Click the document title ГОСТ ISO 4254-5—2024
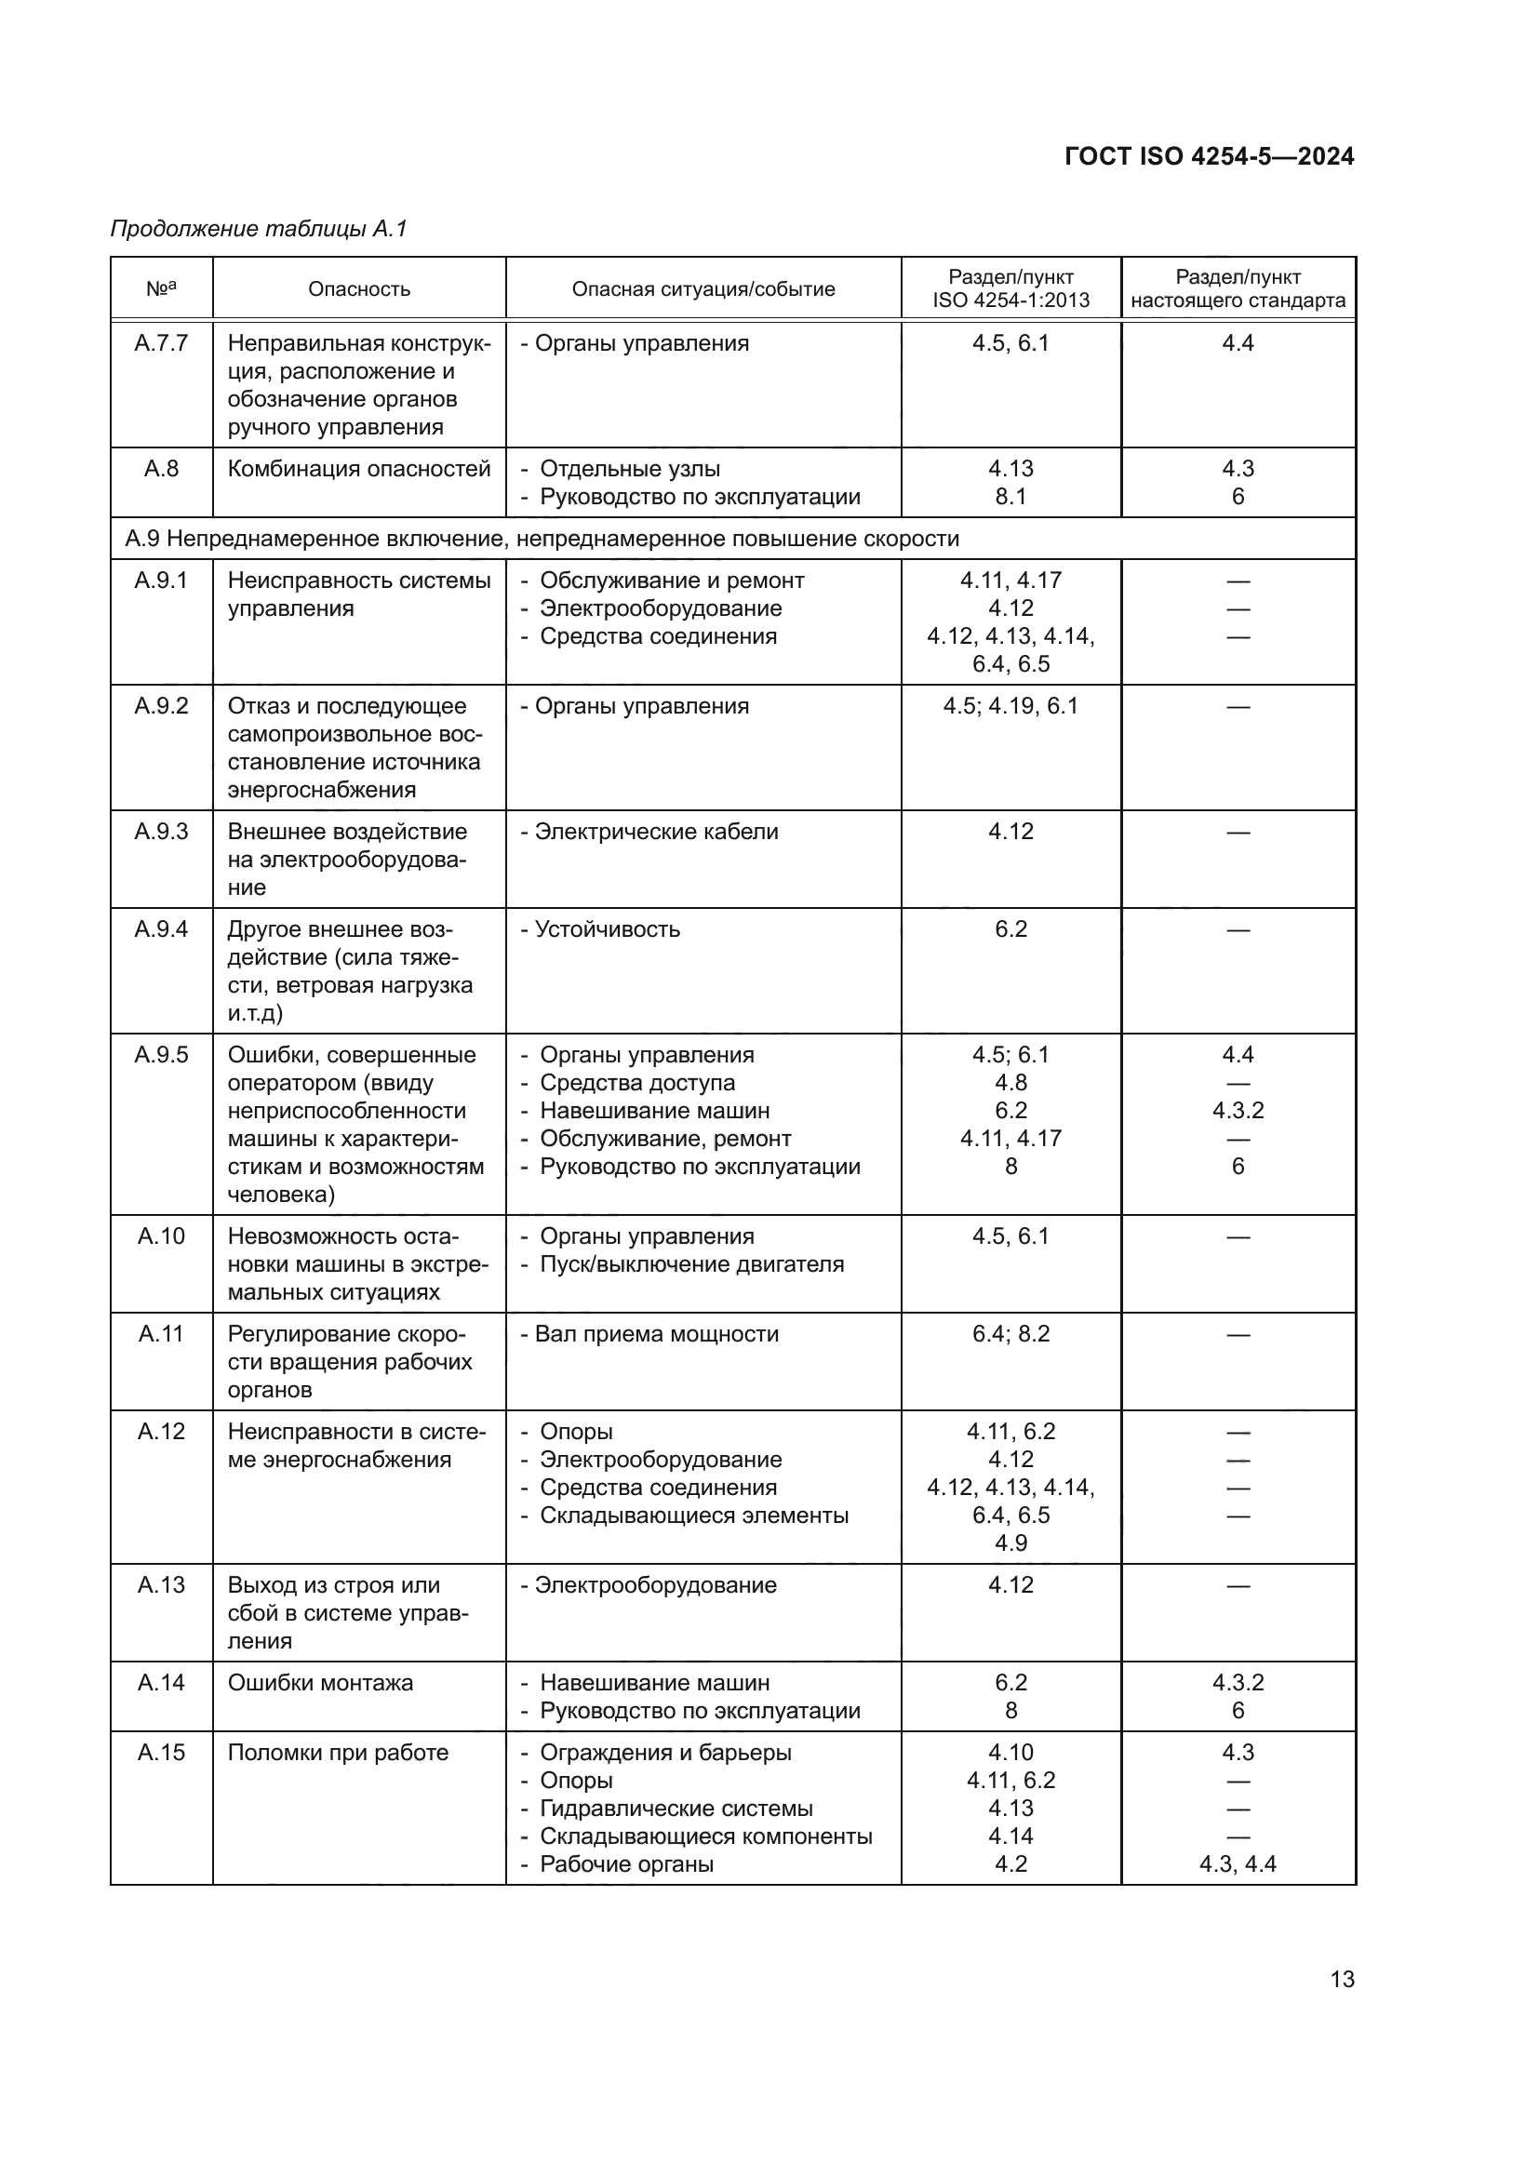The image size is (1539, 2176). point(1209,156)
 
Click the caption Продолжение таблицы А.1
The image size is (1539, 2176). point(258,229)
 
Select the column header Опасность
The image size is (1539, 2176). point(358,289)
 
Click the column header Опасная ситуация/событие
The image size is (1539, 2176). point(703,289)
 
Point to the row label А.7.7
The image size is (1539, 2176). point(161,343)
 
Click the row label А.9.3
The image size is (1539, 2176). point(161,831)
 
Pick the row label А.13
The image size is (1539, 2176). point(161,1584)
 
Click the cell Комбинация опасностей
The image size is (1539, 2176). point(358,469)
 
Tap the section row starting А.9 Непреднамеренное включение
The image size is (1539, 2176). point(542,539)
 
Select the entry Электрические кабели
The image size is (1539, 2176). point(656,831)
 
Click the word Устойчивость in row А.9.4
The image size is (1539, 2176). point(607,928)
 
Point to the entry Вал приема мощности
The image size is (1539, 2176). point(656,1333)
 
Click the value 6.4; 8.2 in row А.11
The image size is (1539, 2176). point(1010,1333)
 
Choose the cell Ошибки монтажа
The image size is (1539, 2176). point(320,1682)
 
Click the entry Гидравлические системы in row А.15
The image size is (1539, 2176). point(676,1809)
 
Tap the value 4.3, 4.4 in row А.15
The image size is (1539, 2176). point(1237,1864)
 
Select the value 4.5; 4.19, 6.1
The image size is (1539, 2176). point(1010,706)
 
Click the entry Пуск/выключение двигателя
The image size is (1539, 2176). point(690,1264)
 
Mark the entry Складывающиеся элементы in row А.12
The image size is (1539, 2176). point(694,1515)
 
